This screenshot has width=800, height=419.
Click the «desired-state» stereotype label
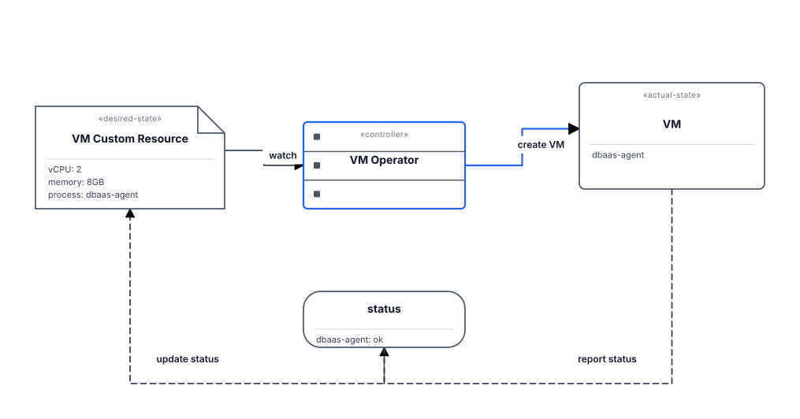pos(130,119)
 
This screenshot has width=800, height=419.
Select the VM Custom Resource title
pos(130,139)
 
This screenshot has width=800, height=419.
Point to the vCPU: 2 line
pos(65,169)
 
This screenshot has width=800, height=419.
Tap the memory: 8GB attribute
pos(76,182)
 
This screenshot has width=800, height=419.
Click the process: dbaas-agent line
pos(93,195)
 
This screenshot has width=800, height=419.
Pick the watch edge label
pos(283,155)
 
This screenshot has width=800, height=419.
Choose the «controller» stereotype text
pos(384,135)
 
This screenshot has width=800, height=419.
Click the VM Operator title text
pos(384,160)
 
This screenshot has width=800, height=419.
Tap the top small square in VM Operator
pos(317,136)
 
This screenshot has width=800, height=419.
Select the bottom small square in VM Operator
pos(317,194)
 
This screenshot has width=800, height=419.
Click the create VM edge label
pos(541,145)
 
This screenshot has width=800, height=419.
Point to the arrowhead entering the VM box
pos(574,128)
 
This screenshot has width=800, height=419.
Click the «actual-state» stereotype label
pos(672,95)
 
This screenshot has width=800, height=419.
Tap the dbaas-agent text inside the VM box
pos(618,155)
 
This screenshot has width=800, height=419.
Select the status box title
pos(384,309)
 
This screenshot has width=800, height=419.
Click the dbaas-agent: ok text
pos(349,339)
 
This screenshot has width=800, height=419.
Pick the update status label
pos(188,359)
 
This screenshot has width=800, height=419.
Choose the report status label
pos(607,359)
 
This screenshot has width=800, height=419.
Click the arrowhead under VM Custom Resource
pos(130,213)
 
